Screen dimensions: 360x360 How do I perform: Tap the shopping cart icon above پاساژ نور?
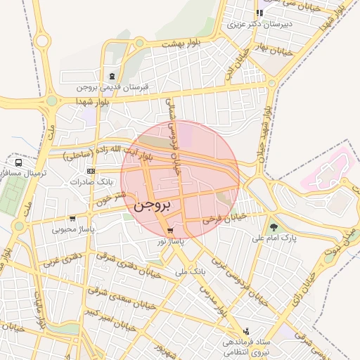click(x=169, y=231)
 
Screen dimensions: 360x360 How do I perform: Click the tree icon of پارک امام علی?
click(x=274, y=227)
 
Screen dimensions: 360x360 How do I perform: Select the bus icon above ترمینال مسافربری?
click(x=18, y=162)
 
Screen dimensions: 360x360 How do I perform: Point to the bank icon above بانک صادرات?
click(x=91, y=171)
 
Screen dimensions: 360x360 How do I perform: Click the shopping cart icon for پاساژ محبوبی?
click(x=73, y=219)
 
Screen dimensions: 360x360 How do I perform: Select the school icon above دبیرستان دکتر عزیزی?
click(x=259, y=13)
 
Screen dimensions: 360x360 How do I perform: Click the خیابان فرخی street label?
click(x=225, y=219)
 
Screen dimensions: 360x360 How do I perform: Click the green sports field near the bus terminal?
click(x=10, y=195)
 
